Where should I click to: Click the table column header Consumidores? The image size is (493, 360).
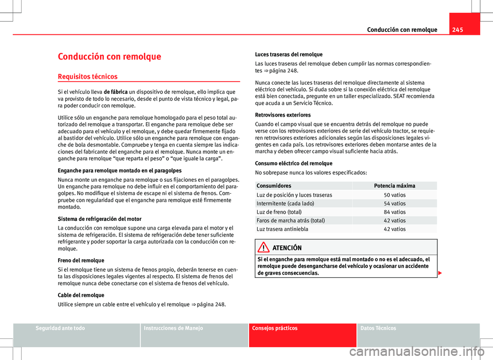coord(274,185)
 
